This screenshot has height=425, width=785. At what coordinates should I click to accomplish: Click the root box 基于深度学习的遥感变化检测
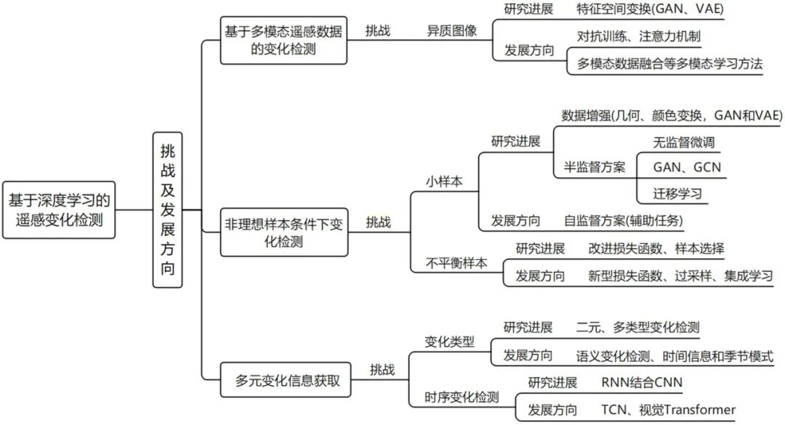point(60,209)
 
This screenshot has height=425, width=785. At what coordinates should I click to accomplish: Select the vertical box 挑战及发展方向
point(168,210)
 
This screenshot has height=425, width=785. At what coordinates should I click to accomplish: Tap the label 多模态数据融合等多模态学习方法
point(669,63)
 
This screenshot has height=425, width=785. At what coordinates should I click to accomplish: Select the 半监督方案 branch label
point(595,167)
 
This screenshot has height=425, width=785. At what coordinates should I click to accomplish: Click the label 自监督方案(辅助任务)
point(624,220)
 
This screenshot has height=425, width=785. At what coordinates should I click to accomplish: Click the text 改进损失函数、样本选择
point(656,249)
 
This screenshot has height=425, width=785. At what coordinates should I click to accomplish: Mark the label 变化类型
point(450,341)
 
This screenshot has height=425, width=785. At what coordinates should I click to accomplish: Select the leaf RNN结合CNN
point(642,383)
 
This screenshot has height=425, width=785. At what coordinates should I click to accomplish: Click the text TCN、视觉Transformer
point(668,409)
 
